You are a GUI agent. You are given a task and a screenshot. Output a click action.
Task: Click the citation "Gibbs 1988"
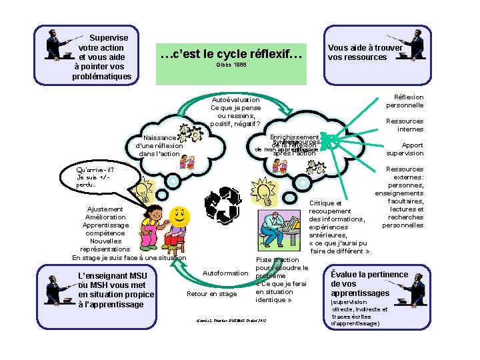click(231, 67)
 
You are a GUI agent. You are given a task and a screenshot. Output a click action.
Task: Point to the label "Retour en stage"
click(212, 293)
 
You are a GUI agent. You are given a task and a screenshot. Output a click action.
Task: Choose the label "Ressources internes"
click(405, 125)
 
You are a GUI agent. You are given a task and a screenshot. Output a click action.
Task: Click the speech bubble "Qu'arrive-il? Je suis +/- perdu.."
click(95, 177)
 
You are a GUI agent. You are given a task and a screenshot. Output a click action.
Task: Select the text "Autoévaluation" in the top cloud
click(235, 100)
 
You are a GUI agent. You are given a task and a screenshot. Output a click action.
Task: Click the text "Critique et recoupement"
click(329, 207)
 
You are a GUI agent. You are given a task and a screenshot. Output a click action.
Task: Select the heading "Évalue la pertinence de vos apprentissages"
click(369, 283)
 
